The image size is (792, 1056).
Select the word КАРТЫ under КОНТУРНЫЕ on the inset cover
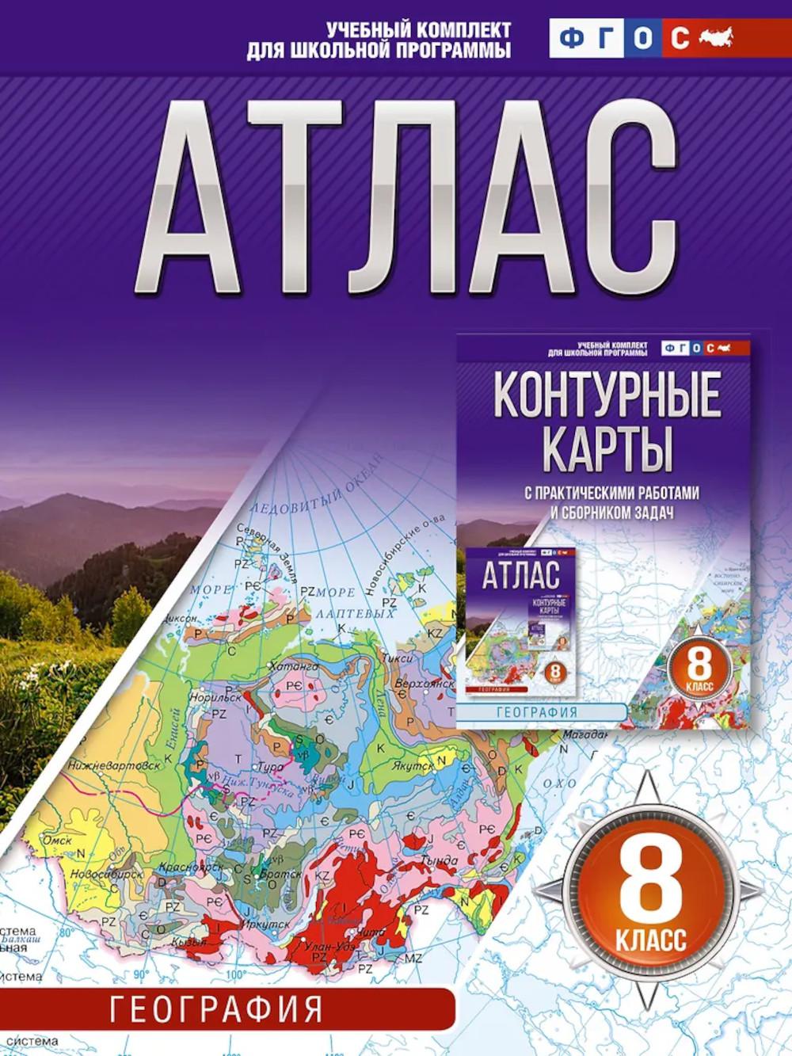[607, 448]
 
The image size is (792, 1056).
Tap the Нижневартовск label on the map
[103, 766]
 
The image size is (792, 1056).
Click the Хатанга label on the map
[293, 668]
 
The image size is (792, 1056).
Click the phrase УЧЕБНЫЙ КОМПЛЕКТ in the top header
[418, 30]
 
